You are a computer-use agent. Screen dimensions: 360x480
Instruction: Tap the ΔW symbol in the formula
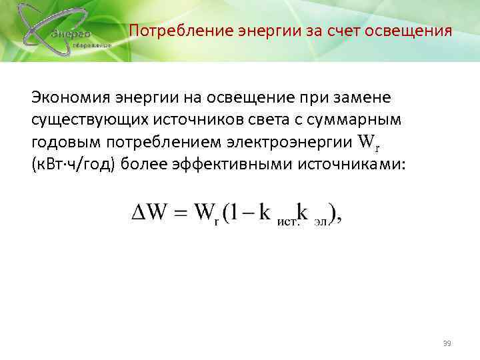point(146,215)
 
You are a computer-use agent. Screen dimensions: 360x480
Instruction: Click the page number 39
point(447,343)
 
